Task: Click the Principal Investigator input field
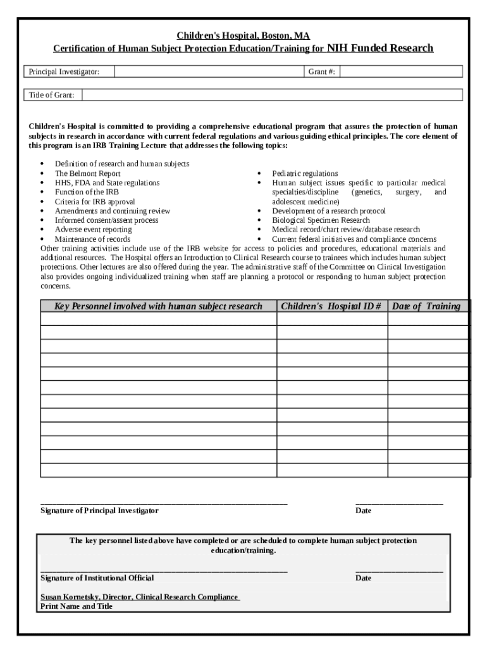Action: (209, 72)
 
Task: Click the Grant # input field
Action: (402, 72)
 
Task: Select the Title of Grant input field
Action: (272, 95)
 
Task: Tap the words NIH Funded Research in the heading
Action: (379, 48)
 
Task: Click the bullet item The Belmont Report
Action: (87, 173)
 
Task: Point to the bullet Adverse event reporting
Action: (93, 230)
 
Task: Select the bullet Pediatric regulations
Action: (305, 173)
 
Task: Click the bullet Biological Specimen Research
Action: (321, 220)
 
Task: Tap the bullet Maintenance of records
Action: (92, 239)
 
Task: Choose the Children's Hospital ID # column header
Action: (331, 306)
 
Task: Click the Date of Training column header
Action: (426, 306)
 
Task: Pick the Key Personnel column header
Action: (158, 306)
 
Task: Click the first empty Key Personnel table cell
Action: (158, 319)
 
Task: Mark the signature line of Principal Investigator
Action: (164, 502)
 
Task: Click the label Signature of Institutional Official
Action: (97, 578)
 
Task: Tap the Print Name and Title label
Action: (77, 606)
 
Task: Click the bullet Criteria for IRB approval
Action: (95, 202)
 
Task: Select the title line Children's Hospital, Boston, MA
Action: (244, 36)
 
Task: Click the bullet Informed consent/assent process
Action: (106, 220)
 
